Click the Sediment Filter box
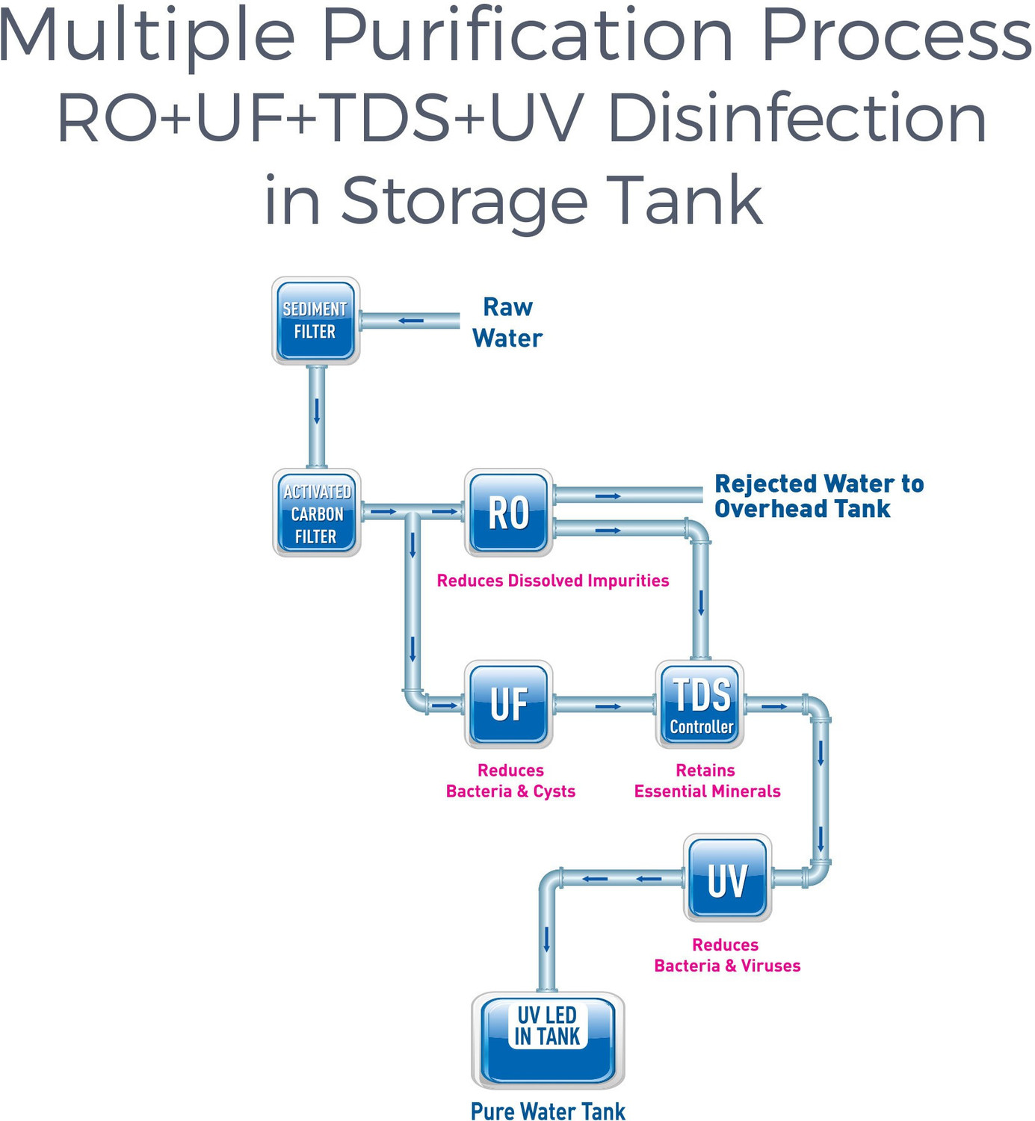pos(315,321)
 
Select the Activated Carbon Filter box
pos(317,513)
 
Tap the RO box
pos(508,513)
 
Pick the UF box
pos(508,705)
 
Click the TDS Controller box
pos(700,705)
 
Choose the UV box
pos(727,878)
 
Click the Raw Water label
pos(507,323)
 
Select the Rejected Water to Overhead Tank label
pos(818,496)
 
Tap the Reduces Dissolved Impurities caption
pos(553,581)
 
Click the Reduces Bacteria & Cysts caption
pos(510,781)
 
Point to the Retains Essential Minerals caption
pos(707,781)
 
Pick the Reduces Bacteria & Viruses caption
pos(727,956)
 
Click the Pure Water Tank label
pos(548,1111)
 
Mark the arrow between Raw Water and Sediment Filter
pos(411,321)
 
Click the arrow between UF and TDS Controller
pos(608,706)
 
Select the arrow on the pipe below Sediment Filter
pos(317,411)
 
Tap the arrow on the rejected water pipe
pos(608,495)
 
